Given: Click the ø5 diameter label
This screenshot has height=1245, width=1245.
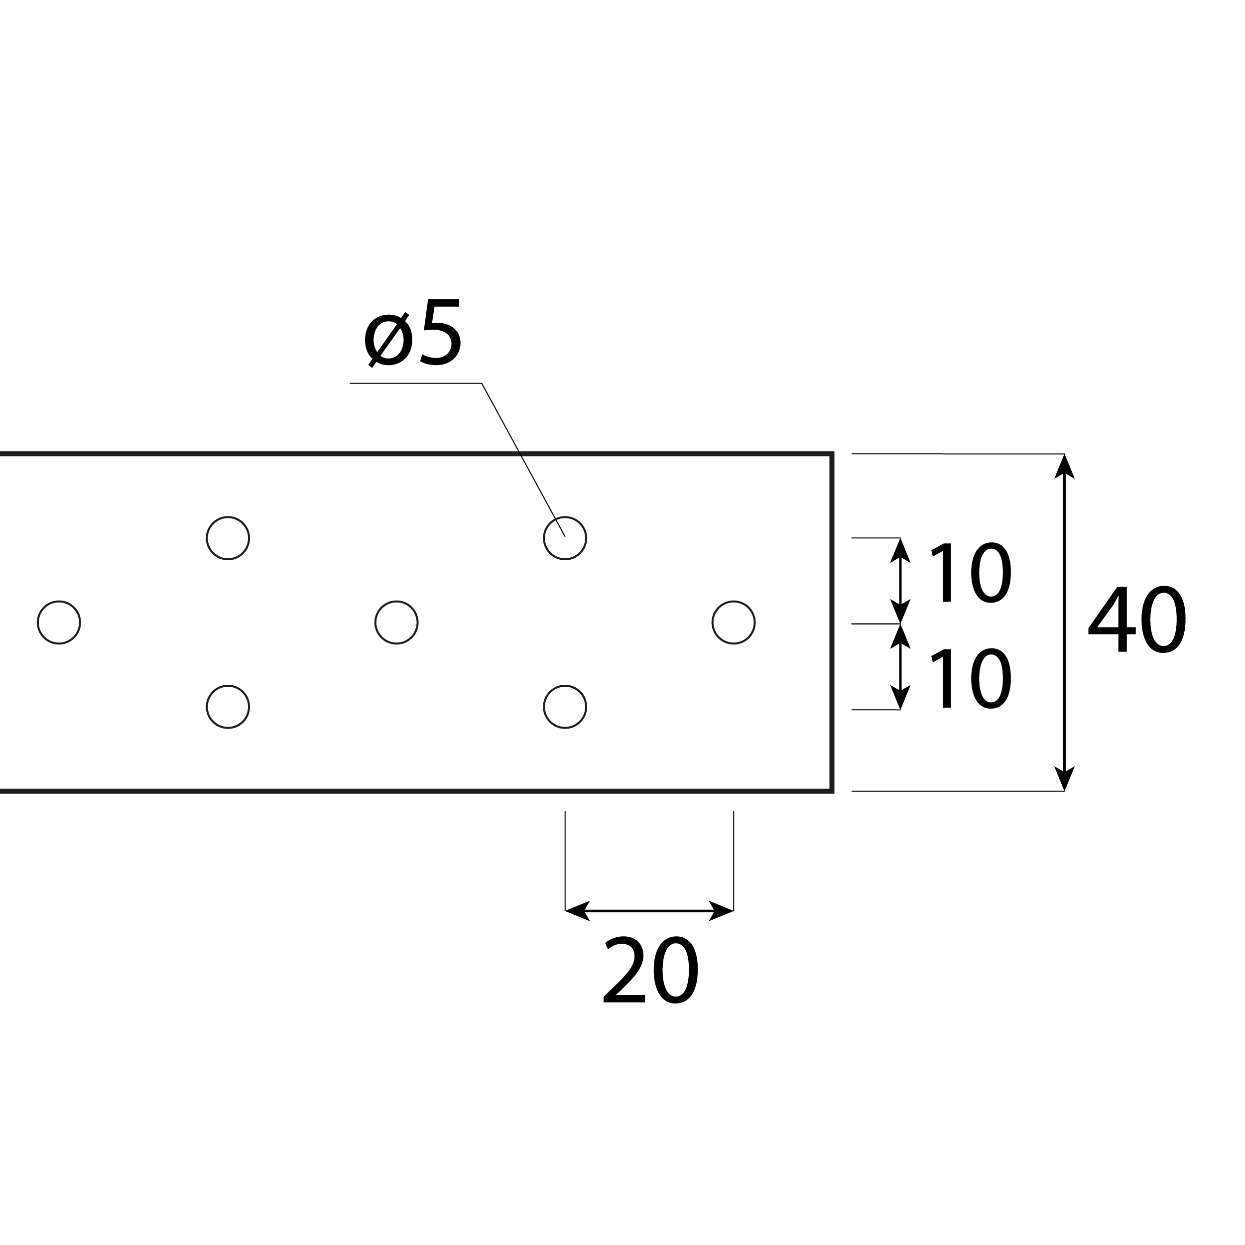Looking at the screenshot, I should pos(412,333).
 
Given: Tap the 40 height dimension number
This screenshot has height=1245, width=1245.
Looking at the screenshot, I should pos(1137,620).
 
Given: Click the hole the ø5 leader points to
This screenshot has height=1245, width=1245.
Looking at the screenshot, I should pos(565,538).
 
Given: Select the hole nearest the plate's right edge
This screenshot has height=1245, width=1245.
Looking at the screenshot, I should pos(734,622).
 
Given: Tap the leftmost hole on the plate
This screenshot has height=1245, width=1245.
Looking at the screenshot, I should pos(59,622).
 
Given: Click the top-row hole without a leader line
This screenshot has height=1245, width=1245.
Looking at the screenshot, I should pos(228,538).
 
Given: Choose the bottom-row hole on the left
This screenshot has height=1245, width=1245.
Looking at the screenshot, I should pos(228,707).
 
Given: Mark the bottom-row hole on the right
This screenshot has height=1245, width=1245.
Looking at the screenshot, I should pos(565,707).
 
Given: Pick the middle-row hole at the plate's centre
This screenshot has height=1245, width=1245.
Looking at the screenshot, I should pos(396,622).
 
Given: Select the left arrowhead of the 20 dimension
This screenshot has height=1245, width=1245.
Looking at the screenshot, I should pos(577,910).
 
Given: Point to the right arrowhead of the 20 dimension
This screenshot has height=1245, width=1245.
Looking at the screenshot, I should pos(721,910).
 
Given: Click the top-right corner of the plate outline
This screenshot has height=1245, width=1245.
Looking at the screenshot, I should pos(832,454).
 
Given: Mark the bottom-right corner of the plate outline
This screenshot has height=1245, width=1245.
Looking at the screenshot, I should pos(832,791).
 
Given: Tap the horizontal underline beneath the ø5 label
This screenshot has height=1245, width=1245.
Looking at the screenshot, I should pos(416,383).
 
